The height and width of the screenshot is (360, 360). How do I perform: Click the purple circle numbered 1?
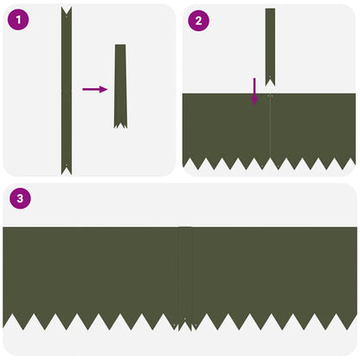point(18,20)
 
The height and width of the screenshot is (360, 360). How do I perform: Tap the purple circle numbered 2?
point(198,21)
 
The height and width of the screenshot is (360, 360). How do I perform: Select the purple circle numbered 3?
point(20,198)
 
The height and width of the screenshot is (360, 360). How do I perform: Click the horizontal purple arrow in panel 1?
point(95,89)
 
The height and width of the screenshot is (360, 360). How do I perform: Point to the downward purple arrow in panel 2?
point(254,91)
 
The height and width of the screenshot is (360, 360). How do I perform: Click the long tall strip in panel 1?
point(67,91)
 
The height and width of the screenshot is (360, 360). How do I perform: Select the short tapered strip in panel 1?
point(120,87)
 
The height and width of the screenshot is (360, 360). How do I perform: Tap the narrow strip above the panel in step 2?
point(270,47)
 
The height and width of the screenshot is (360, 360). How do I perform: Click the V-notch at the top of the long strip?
point(67,11)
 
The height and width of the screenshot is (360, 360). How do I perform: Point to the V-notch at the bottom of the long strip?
point(67,170)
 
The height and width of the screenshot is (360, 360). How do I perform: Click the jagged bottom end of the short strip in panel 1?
point(120,125)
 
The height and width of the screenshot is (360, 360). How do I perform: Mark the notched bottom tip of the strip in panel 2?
point(270,82)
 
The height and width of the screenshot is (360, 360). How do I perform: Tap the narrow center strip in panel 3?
point(185,279)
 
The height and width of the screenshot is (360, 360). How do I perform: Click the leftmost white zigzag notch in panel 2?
point(190,164)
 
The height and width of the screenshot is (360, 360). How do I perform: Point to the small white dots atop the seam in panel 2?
point(270,95)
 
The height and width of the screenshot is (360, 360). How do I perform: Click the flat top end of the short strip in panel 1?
point(120,45)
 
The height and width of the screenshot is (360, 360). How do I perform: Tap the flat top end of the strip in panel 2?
point(270,9)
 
